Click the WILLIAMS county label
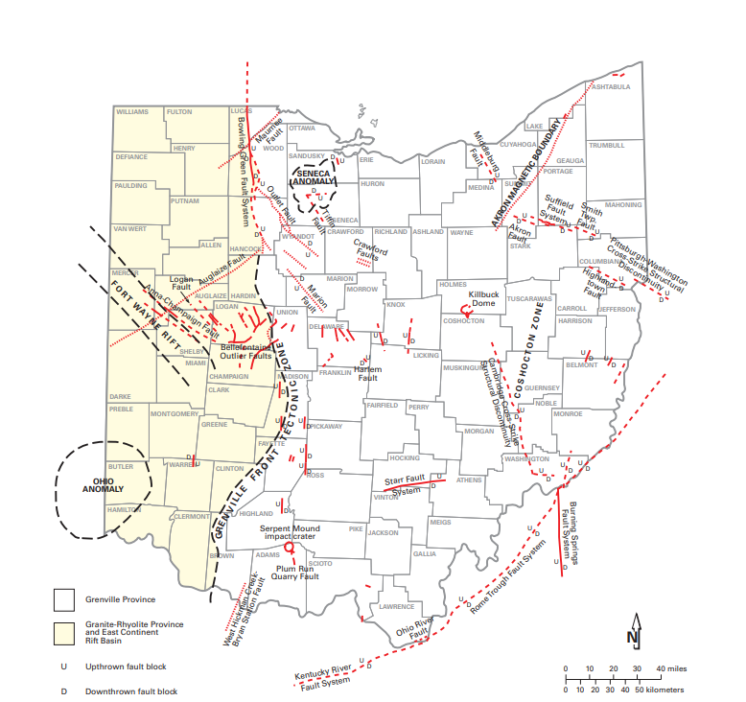point(132,112)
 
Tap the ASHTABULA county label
point(611,87)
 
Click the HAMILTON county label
point(124,510)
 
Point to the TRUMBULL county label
point(606,145)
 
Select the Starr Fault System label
point(404,484)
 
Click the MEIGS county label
point(440,522)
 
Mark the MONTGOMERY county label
point(174,414)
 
